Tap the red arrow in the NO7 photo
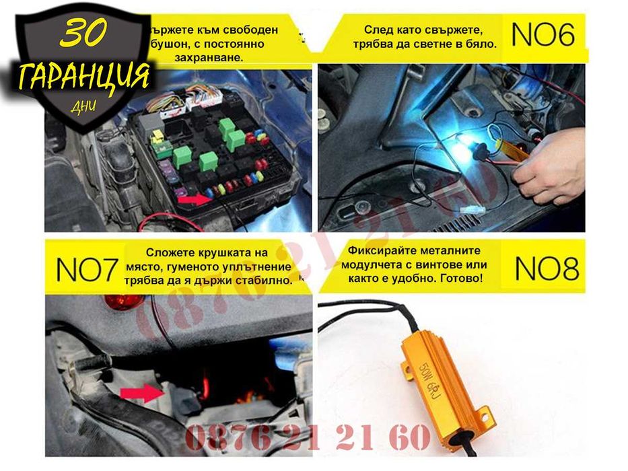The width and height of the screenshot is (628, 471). pos(142,392)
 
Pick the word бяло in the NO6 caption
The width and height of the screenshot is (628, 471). pos(480,44)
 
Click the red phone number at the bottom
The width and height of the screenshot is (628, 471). pos(307,438)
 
